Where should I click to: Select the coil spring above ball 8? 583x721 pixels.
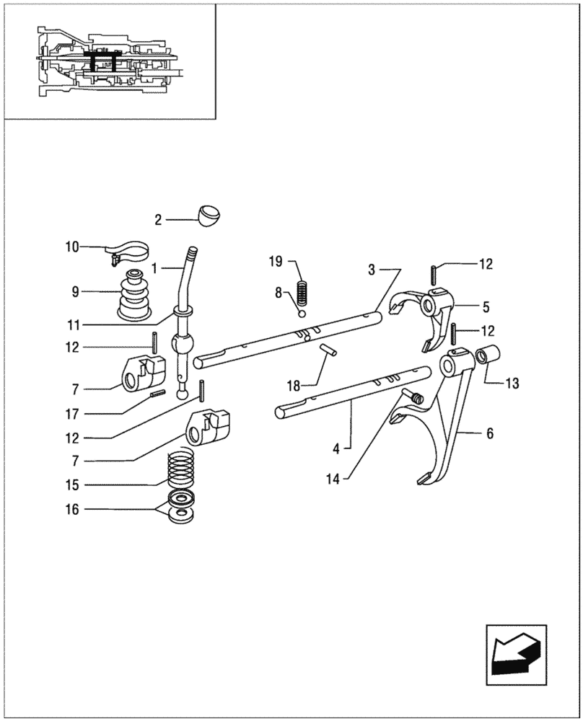pyautogui.click(x=304, y=291)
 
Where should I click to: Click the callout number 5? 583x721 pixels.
pyautogui.click(x=486, y=306)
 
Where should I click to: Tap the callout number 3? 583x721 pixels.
pyautogui.click(x=372, y=270)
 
